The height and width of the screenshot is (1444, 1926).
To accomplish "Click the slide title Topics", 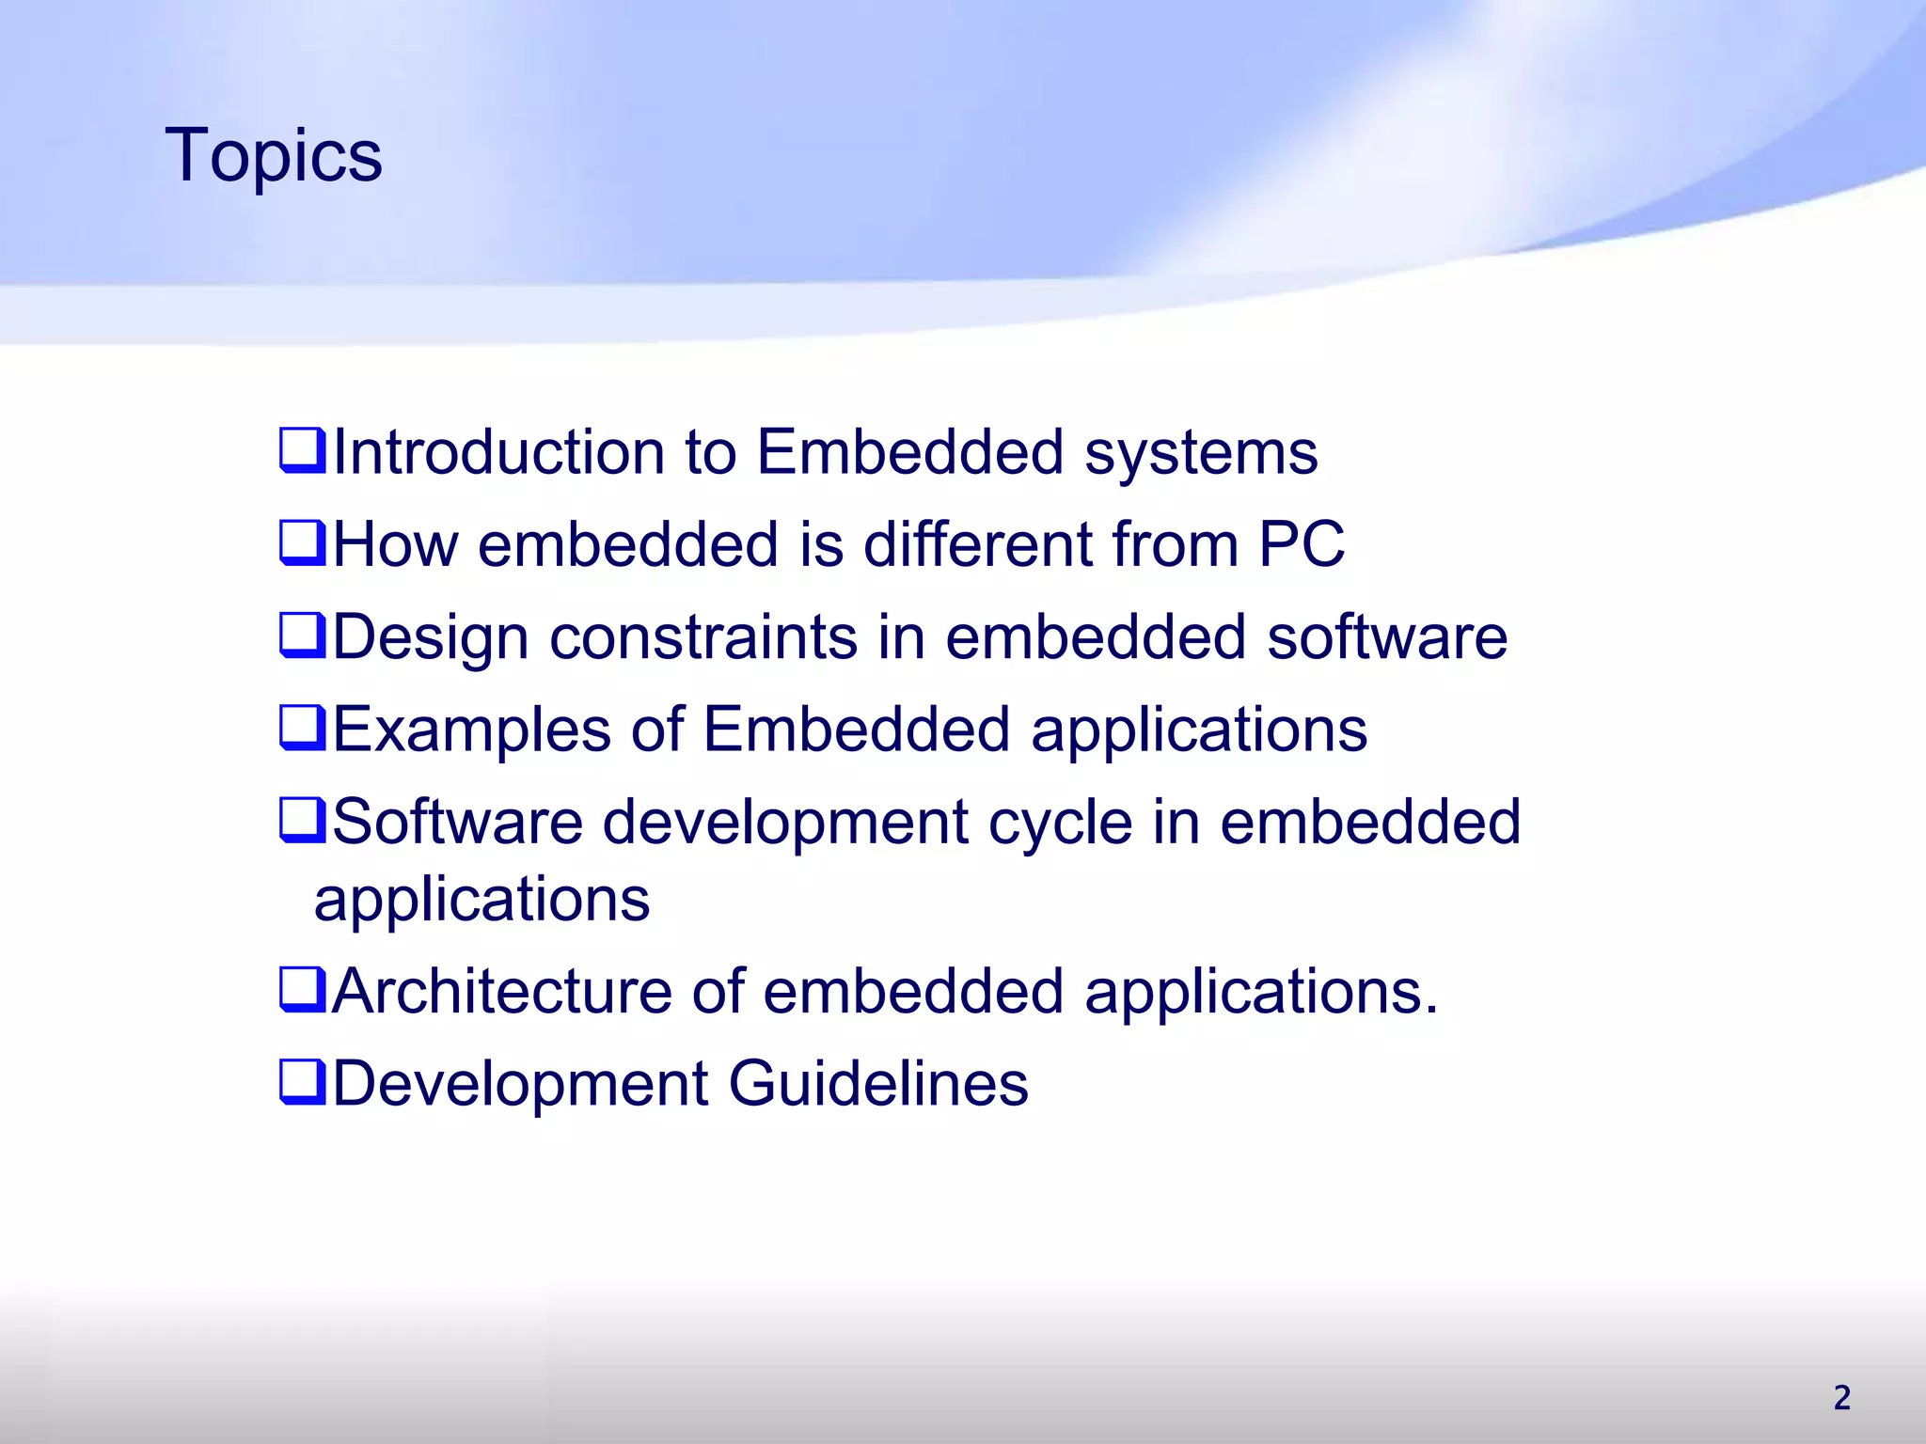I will point(274,155).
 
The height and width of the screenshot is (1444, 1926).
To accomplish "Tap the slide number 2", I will point(1841,1398).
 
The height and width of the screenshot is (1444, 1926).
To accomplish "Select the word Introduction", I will point(498,452).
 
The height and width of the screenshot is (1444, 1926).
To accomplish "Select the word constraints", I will point(703,637).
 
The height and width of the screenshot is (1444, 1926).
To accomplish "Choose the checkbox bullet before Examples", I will point(302,729).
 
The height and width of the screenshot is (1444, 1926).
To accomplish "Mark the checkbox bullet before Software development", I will point(302,821).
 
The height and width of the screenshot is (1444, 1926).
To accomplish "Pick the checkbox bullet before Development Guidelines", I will point(302,1082).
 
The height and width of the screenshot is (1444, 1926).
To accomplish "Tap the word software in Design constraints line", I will point(1387,637).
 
